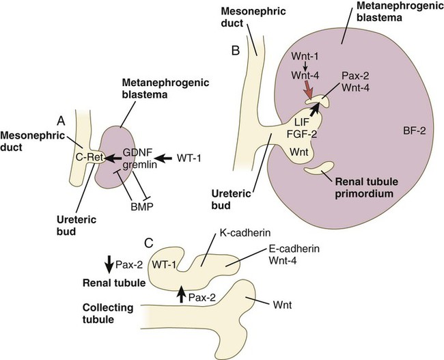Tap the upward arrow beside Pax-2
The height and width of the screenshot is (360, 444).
coord(182,294)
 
